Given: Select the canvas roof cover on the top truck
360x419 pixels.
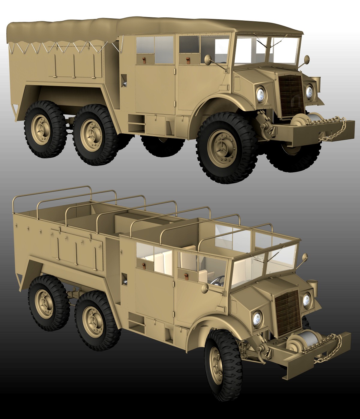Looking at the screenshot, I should click(150, 28).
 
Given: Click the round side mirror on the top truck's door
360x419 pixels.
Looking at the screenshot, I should click(207, 59).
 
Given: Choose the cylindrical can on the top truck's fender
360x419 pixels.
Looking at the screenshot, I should click(316, 81).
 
